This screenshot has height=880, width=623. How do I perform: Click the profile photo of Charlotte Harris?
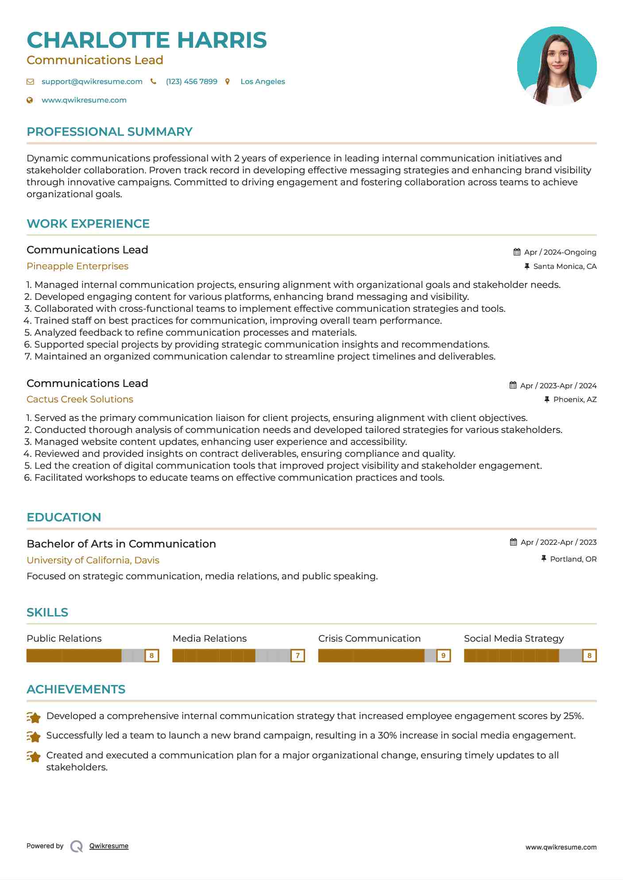tap(557, 66)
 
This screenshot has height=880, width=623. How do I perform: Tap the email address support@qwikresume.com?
tap(92, 81)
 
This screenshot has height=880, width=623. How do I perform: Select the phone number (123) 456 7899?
tap(191, 81)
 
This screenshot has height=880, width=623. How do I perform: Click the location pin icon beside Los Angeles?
tap(228, 81)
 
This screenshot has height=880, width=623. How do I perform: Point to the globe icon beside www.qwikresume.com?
tap(30, 100)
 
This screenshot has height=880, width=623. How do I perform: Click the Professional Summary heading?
tap(109, 132)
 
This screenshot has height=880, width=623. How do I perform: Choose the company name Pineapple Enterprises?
tap(77, 266)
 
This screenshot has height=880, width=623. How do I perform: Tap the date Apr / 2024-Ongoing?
tap(560, 252)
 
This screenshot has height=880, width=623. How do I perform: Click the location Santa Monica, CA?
tap(565, 266)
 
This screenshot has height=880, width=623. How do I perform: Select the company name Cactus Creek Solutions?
tap(80, 399)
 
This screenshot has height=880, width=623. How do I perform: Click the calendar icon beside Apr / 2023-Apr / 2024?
tap(513, 385)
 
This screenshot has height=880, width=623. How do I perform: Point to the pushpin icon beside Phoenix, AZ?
tap(547, 399)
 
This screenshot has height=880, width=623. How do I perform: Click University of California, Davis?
tap(93, 560)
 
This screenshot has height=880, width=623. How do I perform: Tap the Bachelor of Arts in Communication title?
tap(121, 544)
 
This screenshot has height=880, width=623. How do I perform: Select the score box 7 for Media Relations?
tap(298, 655)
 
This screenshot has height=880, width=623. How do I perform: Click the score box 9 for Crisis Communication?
tap(443, 655)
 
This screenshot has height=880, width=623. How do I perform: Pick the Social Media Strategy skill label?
tap(514, 639)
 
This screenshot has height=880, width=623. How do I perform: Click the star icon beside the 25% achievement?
tap(34, 717)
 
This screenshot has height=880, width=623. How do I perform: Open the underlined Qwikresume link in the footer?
tap(109, 846)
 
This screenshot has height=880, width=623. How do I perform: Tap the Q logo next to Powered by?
tap(77, 846)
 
